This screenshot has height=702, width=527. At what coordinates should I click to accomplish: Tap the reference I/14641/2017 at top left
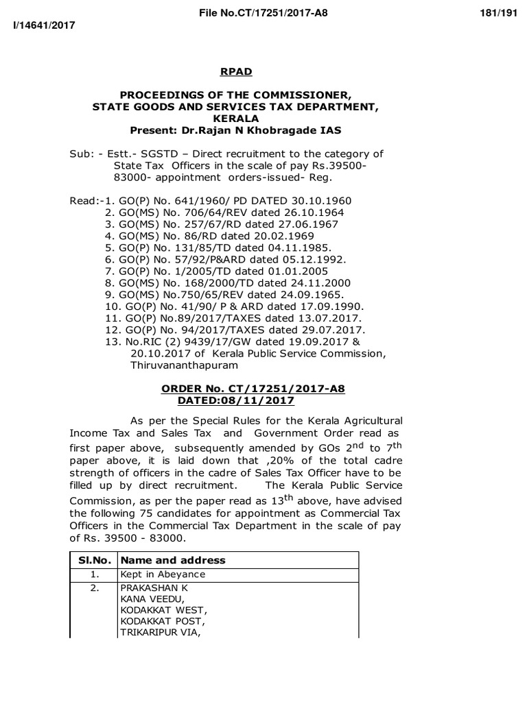40,25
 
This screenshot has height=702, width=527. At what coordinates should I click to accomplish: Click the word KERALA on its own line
235,119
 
